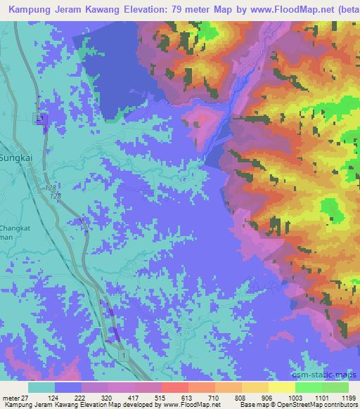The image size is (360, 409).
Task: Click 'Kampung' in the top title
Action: click(28, 8)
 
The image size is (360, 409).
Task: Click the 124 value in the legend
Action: click(54, 397)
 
